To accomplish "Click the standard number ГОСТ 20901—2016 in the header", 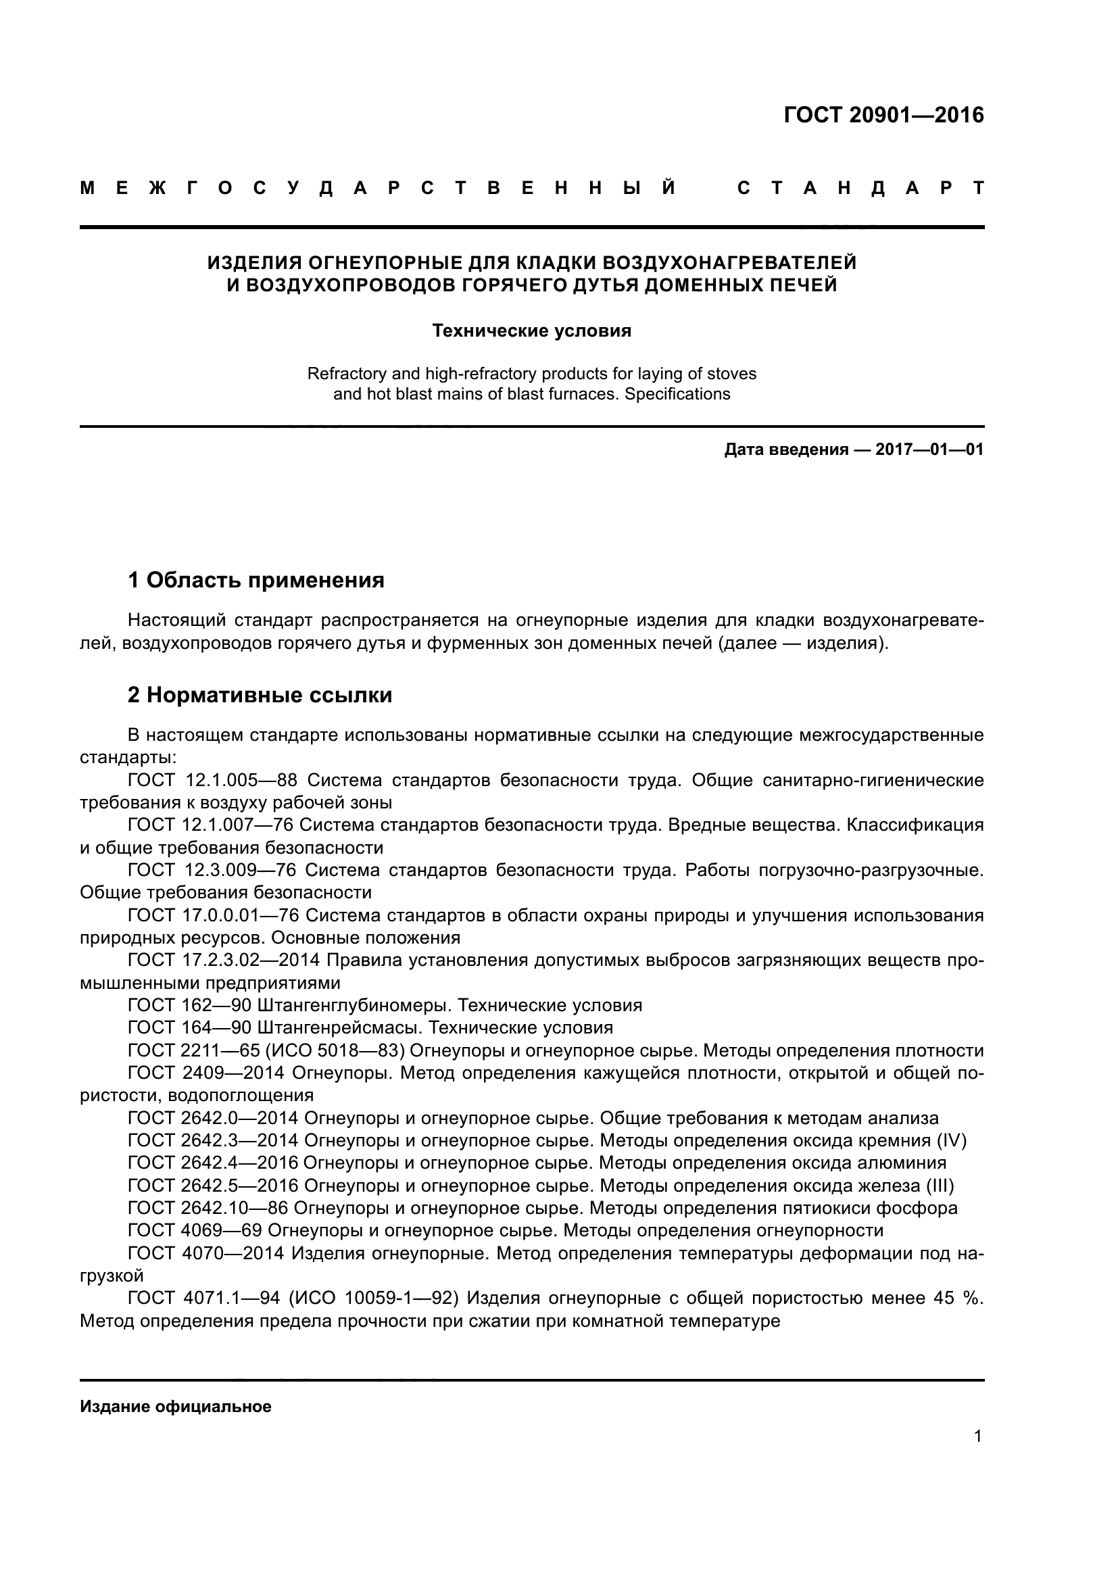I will [x=883, y=115].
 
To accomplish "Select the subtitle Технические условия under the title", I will [x=531, y=331].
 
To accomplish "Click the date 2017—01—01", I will [x=929, y=449].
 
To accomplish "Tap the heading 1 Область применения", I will [x=256, y=581].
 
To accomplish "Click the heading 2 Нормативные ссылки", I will [x=260, y=696].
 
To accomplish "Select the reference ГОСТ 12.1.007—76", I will [x=211, y=825].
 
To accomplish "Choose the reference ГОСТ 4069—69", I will [x=194, y=1230].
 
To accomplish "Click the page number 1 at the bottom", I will [x=978, y=1436].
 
